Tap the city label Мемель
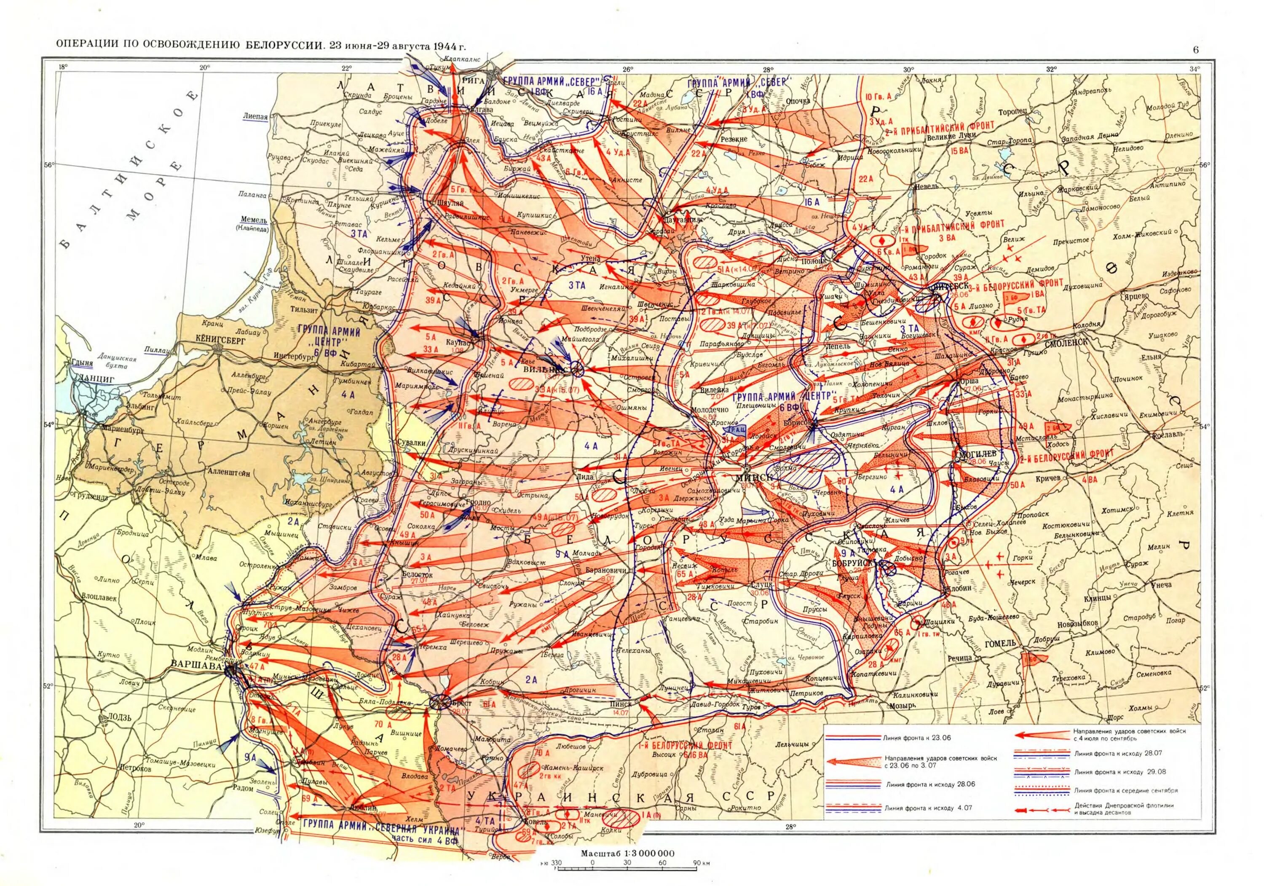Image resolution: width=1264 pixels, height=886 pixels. [251, 219]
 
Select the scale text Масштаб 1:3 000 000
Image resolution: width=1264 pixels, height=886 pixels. [628, 854]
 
